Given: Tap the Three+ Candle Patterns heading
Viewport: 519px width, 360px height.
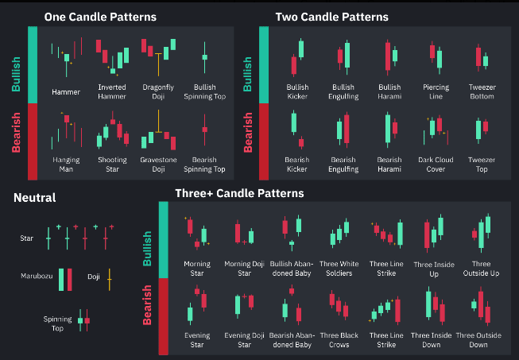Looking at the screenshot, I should tap(239, 192).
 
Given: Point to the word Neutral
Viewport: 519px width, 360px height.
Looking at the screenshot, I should tap(34, 197).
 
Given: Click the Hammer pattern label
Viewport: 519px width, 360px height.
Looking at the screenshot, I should tap(66, 91).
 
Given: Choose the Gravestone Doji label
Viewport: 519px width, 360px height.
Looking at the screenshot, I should tap(159, 164).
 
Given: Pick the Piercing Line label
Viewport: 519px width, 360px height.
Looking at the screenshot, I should tap(436, 91).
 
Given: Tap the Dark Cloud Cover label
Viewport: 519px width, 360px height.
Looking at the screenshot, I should tap(436, 164).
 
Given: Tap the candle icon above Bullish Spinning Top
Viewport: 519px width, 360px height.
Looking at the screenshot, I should tap(204, 56).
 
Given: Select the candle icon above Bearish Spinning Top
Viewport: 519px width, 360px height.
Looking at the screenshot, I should tap(204, 128).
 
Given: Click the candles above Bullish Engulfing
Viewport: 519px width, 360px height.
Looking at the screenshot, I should tap(343, 56).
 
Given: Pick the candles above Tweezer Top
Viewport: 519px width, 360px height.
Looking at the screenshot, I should tap(482, 128).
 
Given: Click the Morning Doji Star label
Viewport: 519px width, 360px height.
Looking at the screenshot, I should tap(243, 268).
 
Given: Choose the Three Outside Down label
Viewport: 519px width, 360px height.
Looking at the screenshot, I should tap(479, 340).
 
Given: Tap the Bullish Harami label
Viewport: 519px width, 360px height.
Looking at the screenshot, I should tap(389, 91).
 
